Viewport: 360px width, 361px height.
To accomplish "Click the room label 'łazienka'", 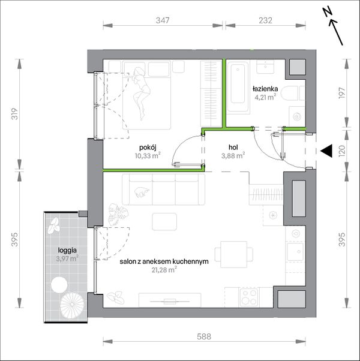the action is tap(265, 89).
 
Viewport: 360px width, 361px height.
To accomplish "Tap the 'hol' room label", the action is tap(233, 148).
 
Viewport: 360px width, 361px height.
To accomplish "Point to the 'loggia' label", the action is tap(67, 251).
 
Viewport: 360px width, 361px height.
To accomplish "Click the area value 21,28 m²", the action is tap(164, 270).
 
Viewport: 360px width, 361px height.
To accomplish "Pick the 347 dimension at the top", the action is tap(163, 20).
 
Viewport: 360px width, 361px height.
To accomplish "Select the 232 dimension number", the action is tap(265, 20).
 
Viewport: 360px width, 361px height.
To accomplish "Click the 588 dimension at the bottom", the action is tap(204, 337).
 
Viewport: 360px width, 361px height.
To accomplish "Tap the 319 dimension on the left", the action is tap(15, 114).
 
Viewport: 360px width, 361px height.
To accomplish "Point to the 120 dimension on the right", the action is tap(343, 150).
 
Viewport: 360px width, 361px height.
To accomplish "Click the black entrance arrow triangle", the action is tap(326, 151).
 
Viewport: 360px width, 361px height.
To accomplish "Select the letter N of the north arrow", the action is tap(327, 13).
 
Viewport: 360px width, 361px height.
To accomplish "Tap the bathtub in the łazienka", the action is tap(238, 87).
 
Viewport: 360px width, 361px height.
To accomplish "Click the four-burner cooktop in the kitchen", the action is tap(248, 297).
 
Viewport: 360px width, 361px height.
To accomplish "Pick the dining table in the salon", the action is tap(234, 254).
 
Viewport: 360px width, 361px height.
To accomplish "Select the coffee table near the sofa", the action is tap(164, 221).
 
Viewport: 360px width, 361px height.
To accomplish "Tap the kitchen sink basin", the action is tap(295, 252).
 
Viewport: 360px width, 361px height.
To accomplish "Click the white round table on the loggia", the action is tap(59, 285).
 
